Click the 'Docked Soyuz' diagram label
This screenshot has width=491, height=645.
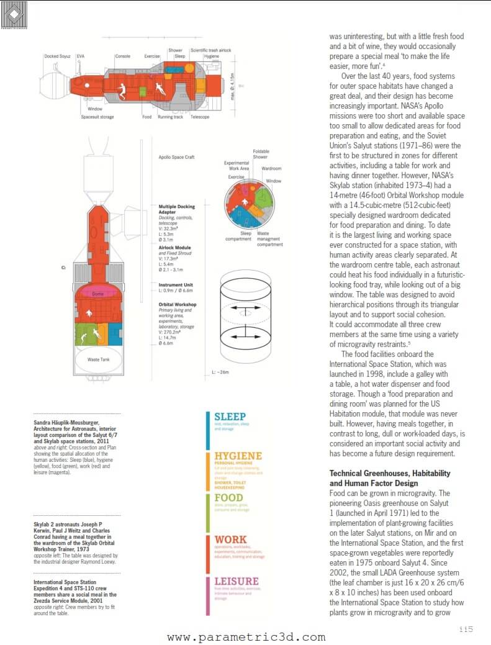tap(58, 56)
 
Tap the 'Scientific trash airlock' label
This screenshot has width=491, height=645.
tap(210, 50)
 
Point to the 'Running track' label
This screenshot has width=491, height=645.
tap(170, 117)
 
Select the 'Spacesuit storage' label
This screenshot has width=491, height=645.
tap(97, 117)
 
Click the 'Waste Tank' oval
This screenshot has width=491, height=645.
tap(99, 359)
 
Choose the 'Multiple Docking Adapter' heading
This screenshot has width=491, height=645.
tap(177, 209)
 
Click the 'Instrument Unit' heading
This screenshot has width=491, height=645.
tap(176, 285)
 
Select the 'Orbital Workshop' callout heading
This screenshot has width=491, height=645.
tap(178, 304)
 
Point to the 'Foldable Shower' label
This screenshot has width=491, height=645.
tap(261, 154)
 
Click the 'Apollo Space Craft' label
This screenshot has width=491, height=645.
tap(176, 157)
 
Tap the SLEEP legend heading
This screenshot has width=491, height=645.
tap(230, 417)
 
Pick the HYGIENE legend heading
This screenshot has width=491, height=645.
tap(238, 456)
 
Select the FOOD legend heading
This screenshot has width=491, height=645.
tap(228, 498)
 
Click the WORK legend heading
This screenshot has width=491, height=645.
tap(230, 539)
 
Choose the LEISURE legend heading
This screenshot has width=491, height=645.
tap(236, 582)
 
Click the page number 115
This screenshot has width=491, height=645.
tap(466, 629)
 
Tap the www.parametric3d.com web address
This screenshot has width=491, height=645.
tap(246, 637)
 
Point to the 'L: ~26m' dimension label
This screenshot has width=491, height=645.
tap(220, 372)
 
